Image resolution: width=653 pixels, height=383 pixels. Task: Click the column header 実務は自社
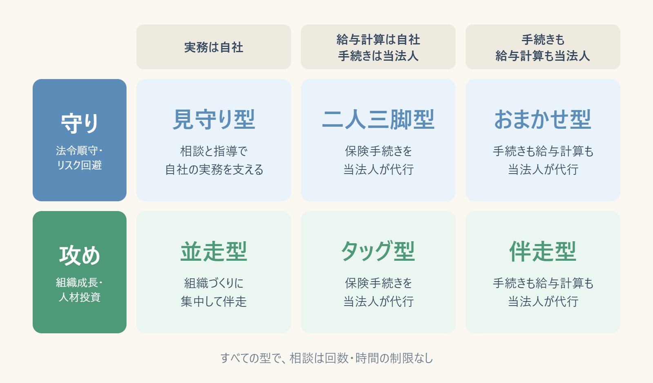[213, 47]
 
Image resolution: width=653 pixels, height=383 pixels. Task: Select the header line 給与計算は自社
[378, 40]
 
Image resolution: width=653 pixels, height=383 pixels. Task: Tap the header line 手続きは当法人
[378, 55]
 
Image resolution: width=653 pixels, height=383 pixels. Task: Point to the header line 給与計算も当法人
[542, 55]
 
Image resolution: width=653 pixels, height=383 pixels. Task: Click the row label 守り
[80, 123]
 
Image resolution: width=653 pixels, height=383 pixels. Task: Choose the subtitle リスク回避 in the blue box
[79, 165]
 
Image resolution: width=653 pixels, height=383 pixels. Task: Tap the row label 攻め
[80, 255]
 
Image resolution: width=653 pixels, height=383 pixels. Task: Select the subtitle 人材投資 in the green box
[80, 297]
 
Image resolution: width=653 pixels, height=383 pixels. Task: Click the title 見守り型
[214, 119]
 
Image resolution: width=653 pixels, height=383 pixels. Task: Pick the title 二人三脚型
[378, 119]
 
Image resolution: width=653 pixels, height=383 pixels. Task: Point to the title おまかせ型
[542, 119]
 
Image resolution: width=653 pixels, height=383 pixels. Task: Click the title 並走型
[214, 251]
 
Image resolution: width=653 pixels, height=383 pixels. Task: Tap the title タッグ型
[378, 251]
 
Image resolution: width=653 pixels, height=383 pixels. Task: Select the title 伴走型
[542, 251]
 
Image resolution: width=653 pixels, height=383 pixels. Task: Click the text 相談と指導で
[214, 151]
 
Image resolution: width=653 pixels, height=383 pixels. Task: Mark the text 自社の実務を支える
[214, 169]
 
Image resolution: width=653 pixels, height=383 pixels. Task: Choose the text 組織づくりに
[214, 283]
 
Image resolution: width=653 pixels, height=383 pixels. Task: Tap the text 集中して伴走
[214, 301]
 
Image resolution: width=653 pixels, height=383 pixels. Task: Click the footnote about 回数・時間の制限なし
[326, 358]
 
